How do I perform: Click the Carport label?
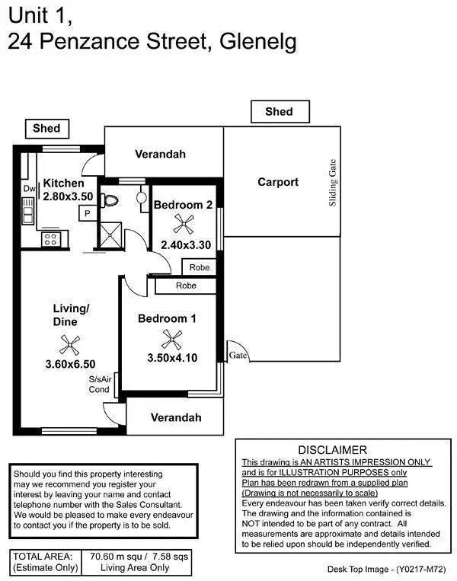click(x=278, y=182)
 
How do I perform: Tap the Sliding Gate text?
click(x=333, y=184)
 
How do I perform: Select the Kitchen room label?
click(x=64, y=183)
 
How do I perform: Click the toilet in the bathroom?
click(x=112, y=200)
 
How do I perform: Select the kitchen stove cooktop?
click(x=50, y=239)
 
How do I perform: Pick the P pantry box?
click(x=88, y=214)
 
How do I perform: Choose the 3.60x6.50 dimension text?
click(x=70, y=365)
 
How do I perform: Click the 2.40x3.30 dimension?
click(x=185, y=245)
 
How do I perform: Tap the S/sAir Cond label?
click(x=100, y=384)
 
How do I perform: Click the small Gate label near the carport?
click(x=238, y=355)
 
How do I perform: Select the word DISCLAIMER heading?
click(x=332, y=450)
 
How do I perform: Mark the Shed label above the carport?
click(x=279, y=112)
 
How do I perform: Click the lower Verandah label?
click(x=175, y=417)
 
